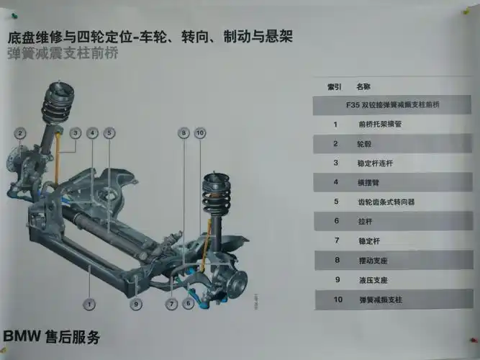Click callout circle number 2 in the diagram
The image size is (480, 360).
[x=20, y=132]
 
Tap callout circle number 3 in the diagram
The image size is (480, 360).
[x=76, y=132]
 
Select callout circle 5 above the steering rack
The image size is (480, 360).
[x=109, y=132]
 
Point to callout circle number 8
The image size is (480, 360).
[x=184, y=132]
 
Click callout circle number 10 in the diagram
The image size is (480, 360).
[x=200, y=132]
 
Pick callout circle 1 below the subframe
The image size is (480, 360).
[x=89, y=305]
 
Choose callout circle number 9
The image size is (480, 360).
[x=135, y=305]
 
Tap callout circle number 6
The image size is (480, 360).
[x=187, y=305]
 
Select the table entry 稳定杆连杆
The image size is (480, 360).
[x=375, y=163]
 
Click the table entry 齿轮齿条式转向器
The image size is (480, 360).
[x=386, y=202]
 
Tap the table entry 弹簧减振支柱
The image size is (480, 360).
[x=378, y=299]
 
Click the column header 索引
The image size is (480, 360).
[x=335, y=86]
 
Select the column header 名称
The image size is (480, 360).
[x=363, y=86]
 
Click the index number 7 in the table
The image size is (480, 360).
[x=336, y=240]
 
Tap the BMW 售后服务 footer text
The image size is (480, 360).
[x=52, y=337]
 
